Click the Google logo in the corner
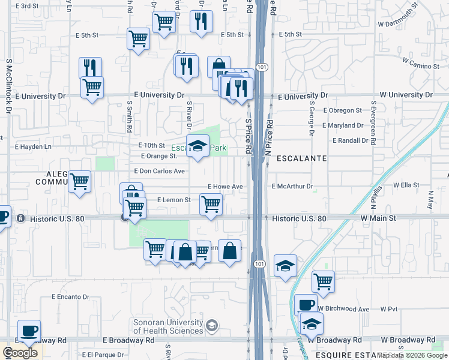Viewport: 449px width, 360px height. tap(20, 353)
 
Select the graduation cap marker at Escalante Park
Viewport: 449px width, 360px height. tap(197, 146)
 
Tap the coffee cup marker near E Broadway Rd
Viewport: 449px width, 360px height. tap(29, 331)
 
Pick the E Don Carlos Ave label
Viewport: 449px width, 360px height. tap(163, 171)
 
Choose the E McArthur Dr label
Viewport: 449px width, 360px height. tap(293, 187)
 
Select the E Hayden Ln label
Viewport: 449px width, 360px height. tap(33, 146)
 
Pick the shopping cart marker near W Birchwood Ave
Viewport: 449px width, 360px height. tap(323, 280)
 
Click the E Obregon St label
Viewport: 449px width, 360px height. tap(343, 110)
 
